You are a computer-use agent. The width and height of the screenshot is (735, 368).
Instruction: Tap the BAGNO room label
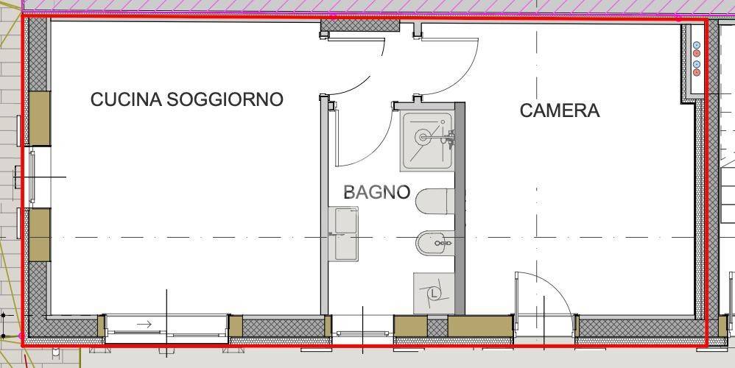tap(376, 193)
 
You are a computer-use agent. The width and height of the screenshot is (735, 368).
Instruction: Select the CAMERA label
tap(560, 111)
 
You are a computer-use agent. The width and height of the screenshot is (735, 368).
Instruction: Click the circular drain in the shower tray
tap(422, 136)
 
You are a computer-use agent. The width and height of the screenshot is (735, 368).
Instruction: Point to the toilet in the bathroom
tap(435, 200)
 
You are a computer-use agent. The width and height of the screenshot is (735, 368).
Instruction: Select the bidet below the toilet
tap(435, 242)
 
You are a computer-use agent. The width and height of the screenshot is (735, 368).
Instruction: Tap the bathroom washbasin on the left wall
tap(345, 233)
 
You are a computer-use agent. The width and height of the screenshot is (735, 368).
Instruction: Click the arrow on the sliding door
tap(144, 324)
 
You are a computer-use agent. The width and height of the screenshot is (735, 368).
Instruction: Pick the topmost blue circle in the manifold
tap(696, 46)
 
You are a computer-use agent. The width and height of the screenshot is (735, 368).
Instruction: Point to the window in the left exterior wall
tap(31, 177)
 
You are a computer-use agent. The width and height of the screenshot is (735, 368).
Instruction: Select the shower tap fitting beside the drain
tap(449, 136)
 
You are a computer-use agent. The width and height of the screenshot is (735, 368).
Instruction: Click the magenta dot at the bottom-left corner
tap(20, 335)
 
